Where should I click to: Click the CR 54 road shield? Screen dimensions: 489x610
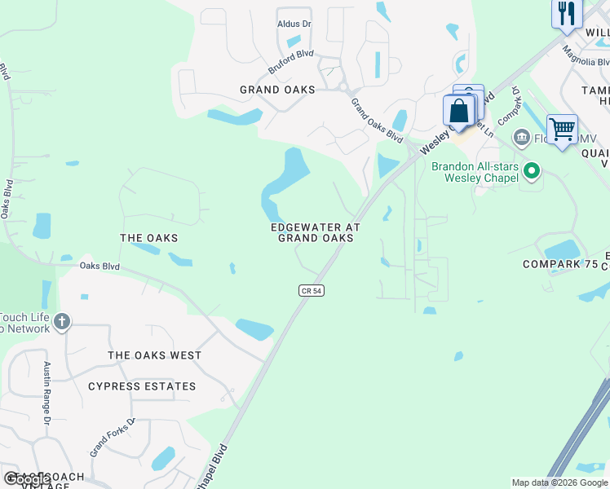tap(311, 291)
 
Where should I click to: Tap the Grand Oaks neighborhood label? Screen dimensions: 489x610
tap(277, 90)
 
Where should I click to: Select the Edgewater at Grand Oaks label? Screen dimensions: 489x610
tap(316, 232)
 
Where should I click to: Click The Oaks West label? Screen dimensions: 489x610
tap(154, 355)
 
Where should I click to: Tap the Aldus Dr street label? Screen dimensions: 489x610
tap(294, 24)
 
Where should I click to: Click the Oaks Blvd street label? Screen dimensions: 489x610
tap(99, 266)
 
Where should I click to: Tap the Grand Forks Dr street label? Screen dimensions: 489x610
tap(112, 438)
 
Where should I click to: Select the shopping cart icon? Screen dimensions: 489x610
tap(562, 129)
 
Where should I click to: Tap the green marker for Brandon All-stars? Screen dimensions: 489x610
tap(532, 171)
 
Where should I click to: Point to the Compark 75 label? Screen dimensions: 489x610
tap(560, 264)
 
